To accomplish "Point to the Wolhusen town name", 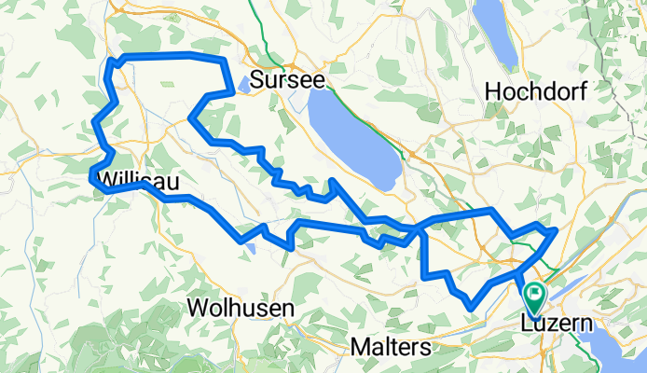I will tap(241, 307).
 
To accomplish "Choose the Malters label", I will tap(391, 347).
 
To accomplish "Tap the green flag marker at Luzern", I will tap(535, 297).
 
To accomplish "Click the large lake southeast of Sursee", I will tap(351, 140).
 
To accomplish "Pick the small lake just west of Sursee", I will tap(243, 84).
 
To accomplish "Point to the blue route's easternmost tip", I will tap(555, 228).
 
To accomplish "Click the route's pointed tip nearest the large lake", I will tap(332, 180).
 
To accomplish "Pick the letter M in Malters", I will tap(361, 347).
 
